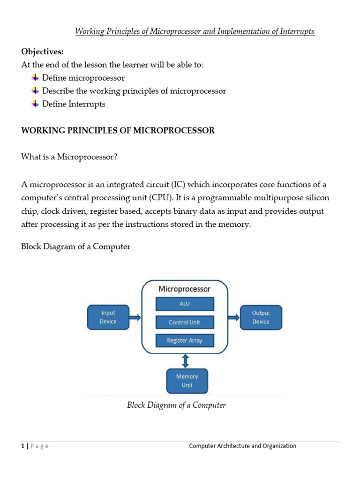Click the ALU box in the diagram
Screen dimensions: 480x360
[185, 304]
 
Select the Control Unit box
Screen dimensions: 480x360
[185, 322]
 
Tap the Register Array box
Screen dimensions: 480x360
[185, 341]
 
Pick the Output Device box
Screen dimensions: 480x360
[261, 317]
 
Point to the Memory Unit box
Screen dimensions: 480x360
[187, 381]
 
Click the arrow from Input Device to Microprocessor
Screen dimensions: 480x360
[135, 317]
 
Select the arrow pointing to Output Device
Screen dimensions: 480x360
[233, 317]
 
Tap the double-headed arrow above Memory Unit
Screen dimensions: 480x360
[186, 360]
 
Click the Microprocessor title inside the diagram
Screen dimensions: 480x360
[185, 289]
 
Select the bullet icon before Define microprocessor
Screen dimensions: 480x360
[35, 77]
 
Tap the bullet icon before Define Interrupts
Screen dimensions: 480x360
[35, 104]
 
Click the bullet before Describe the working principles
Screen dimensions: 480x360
[35, 90]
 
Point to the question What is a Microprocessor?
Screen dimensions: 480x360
[69, 157]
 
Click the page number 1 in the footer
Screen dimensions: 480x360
[22, 446]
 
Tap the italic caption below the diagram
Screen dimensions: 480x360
[176, 405]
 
